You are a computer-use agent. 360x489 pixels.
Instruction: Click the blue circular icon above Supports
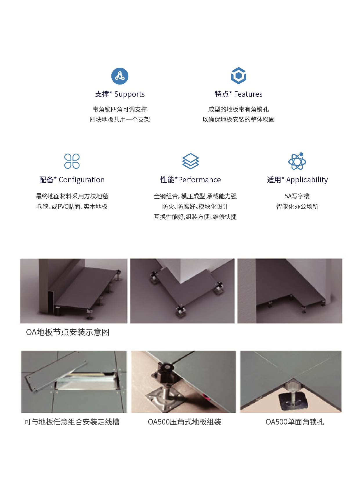(120, 76)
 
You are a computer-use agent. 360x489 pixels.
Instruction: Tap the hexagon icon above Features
(238, 75)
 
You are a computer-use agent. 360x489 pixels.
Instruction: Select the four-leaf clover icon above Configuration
(72, 161)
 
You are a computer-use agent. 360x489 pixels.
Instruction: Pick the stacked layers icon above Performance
(190, 161)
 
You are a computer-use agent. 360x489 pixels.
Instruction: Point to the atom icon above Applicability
(297, 161)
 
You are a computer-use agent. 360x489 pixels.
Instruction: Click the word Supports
(129, 94)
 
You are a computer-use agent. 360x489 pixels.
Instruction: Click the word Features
(248, 94)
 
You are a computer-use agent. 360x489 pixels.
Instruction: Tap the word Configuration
(82, 180)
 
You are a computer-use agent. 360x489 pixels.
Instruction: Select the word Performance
(199, 180)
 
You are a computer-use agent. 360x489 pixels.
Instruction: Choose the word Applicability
(307, 180)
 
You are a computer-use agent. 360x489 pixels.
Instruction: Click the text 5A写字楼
(297, 196)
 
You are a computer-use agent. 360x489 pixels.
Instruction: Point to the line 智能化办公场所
(297, 206)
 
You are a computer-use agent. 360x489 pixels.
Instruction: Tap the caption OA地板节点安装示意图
(68, 332)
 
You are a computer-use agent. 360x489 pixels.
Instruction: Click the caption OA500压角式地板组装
(184, 422)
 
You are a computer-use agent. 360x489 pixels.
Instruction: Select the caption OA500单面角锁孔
(295, 422)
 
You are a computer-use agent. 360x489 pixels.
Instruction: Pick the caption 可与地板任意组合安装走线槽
(72, 422)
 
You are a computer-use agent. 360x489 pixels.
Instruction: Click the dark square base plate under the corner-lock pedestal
(294, 401)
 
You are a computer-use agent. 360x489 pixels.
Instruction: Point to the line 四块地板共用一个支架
(120, 119)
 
